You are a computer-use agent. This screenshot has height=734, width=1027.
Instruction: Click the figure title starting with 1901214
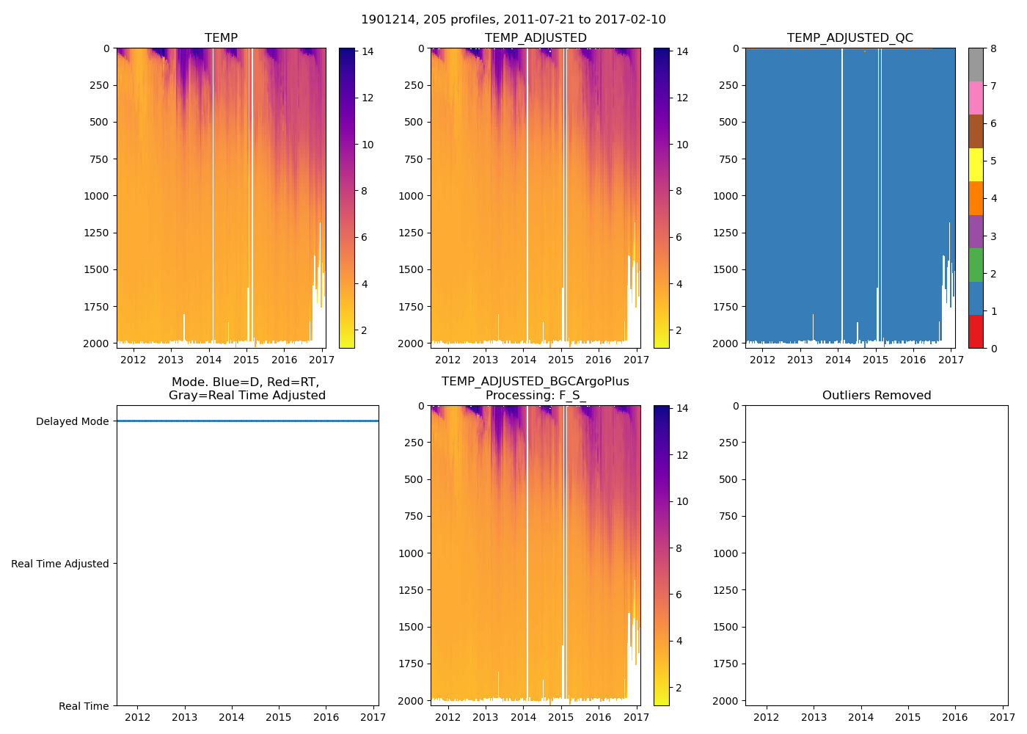coord(513,20)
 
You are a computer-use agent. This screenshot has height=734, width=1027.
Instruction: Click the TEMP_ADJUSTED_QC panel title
coord(849,37)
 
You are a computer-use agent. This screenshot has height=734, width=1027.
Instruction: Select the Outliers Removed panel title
coord(876,395)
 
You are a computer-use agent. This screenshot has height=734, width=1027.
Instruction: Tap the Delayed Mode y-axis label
coord(72,421)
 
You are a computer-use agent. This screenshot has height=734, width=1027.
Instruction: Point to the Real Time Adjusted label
coord(60,564)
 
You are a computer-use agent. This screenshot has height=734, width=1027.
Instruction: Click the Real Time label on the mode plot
coord(84,706)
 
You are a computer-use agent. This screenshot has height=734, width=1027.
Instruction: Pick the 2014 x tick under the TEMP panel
coord(208,360)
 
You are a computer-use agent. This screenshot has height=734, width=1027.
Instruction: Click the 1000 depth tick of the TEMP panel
coord(100,196)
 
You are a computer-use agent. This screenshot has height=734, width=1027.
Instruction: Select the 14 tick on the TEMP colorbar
coord(368,51)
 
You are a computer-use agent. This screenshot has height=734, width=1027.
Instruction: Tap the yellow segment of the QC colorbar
coord(976,164)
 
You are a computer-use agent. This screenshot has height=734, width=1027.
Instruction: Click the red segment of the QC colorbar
coord(976,331)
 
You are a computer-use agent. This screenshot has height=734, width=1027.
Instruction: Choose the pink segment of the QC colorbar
coord(976,98)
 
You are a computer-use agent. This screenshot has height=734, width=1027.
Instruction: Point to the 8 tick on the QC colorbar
coord(993,48)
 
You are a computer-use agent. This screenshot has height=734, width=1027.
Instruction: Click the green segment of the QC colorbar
coord(976,264)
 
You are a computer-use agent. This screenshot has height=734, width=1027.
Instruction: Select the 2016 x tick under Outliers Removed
coord(955,717)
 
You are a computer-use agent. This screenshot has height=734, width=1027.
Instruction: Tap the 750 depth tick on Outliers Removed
coord(728,516)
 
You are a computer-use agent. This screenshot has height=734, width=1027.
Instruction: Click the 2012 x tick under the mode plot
coord(138,717)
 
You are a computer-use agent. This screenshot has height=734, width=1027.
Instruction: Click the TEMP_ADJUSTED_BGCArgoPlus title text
coord(535,382)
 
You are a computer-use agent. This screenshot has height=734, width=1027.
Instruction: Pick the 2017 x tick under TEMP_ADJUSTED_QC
coord(951,360)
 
